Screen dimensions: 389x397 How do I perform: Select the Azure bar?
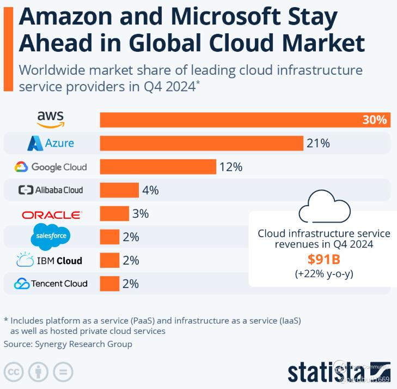click(x=201, y=143)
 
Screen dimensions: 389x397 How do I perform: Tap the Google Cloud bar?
click(x=158, y=167)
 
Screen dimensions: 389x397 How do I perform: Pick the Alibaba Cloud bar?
click(x=119, y=190)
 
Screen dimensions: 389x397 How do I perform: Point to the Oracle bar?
click(x=114, y=214)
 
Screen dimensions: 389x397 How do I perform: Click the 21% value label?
click(x=318, y=143)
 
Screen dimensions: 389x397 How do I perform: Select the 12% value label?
click(x=231, y=167)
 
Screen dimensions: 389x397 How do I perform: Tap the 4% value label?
click(x=150, y=190)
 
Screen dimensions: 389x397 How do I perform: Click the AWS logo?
click(x=51, y=118)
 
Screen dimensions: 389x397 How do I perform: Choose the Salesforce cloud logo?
click(x=51, y=236)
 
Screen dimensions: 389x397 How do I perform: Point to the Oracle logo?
click(x=52, y=214)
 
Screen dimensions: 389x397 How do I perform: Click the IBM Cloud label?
click(x=50, y=260)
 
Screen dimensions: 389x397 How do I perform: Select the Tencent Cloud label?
click(x=51, y=284)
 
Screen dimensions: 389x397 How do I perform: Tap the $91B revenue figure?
click(x=324, y=260)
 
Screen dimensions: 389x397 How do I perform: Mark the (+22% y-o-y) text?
click(x=324, y=274)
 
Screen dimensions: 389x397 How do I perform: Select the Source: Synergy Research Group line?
click(x=68, y=344)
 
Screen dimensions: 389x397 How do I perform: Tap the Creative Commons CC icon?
click(x=14, y=373)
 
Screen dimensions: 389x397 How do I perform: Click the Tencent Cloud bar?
click(x=109, y=284)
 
